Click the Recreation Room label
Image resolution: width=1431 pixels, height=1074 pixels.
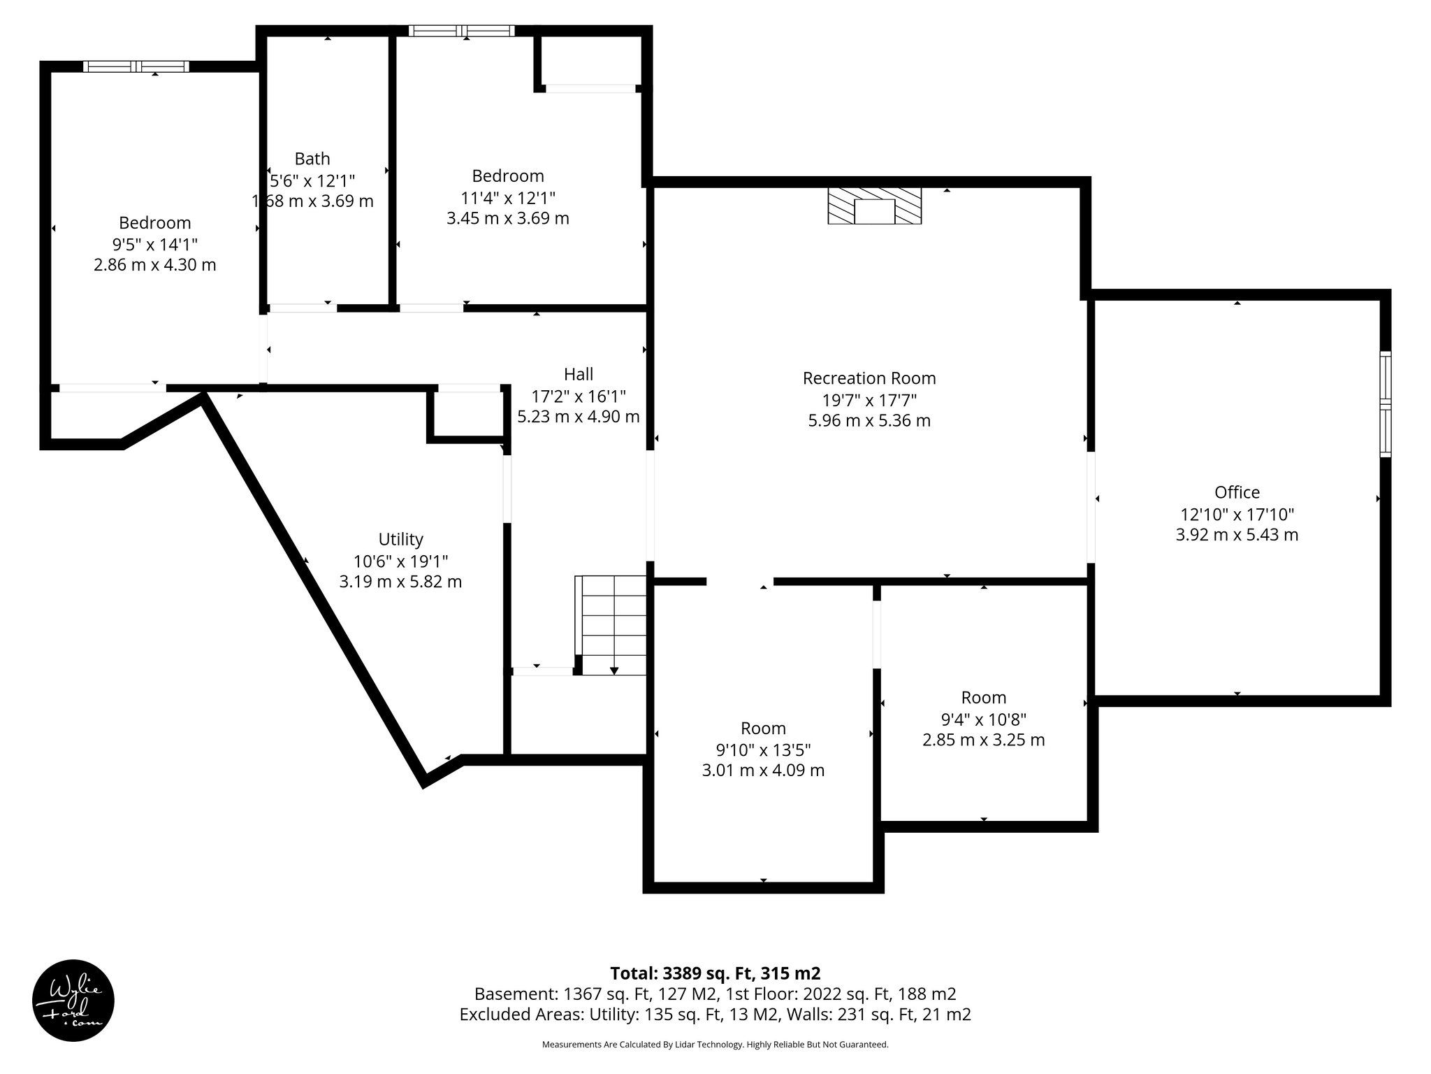[869, 378]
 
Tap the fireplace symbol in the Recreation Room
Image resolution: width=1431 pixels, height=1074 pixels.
[874, 206]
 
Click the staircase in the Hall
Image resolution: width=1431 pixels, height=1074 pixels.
[611, 625]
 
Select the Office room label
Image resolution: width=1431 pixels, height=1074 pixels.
[1237, 492]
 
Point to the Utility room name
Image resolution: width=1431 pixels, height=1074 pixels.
[400, 539]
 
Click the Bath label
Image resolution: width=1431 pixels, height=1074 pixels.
[312, 159]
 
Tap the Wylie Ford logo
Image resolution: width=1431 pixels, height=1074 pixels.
[73, 1001]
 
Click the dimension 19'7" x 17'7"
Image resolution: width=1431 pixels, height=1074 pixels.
[869, 400]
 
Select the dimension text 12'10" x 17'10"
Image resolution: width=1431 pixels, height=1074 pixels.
[1237, 514]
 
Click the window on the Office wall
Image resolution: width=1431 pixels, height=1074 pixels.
[1385, 404]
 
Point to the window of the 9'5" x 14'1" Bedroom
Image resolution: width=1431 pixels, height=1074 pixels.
[136, 66]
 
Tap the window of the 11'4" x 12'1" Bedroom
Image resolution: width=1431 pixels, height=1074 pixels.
[462, 31]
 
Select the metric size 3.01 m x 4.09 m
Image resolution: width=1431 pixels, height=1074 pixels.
[763, 771]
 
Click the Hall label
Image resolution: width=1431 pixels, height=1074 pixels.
[579, 374]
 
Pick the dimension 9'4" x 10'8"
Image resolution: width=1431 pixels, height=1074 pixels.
[983, 719]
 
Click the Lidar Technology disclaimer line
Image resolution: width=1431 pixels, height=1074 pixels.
[715, 1045]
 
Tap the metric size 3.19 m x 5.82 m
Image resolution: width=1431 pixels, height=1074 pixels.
[400, 582]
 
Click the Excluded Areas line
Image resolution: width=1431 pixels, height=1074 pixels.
[715, 1015]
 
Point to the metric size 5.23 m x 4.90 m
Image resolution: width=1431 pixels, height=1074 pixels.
[579, 417]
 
